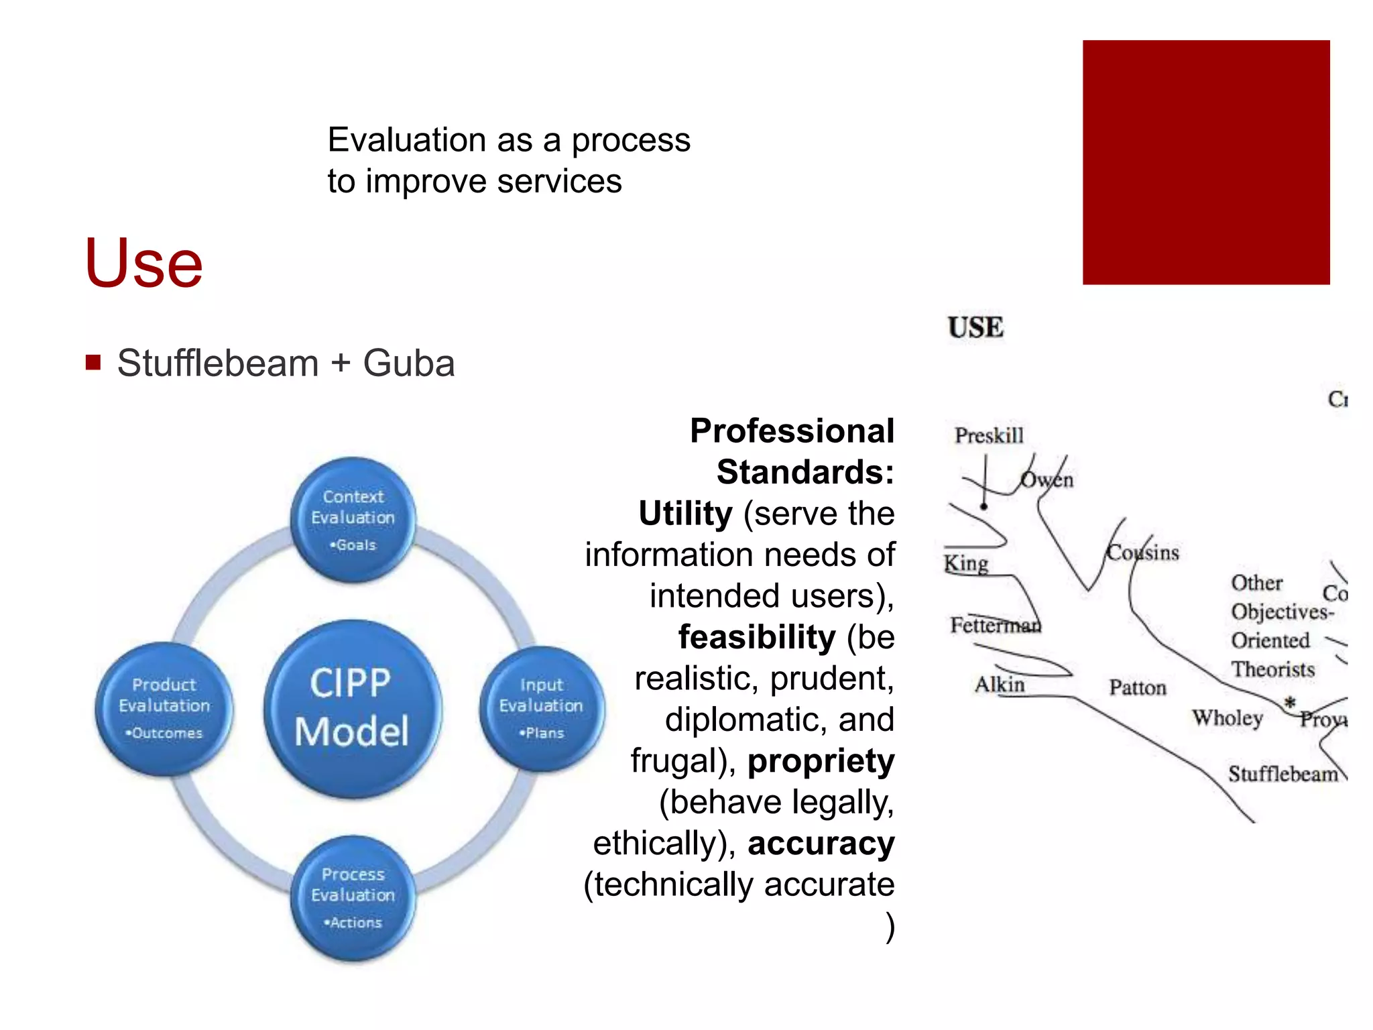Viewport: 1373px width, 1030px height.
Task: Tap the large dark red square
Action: [1205, 162]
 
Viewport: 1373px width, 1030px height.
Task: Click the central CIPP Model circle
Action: [352, 708]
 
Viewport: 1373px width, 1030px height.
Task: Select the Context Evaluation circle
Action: [353, 519]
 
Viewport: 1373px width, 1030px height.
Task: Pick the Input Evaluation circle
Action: [541, 708]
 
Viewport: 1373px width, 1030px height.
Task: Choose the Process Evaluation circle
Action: [353, 897]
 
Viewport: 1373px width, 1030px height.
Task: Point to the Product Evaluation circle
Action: [164, 708]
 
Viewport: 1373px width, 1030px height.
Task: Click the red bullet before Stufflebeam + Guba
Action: [93, 363]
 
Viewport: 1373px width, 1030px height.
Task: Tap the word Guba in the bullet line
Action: [409, 363]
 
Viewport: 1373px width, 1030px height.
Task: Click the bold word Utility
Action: [685, 514]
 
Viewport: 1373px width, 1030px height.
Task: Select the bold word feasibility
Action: [757, 637]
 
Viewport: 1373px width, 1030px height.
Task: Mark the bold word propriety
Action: [821, 761]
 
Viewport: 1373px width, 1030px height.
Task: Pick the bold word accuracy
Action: [821, 844]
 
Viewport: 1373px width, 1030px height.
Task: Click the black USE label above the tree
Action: [975, 328]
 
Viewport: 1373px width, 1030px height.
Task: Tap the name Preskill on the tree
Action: [989, 436]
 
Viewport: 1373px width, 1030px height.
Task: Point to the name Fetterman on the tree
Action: [995, 626]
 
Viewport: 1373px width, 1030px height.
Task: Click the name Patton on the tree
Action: [1137, 688]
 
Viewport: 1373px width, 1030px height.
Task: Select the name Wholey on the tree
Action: [1227, 718]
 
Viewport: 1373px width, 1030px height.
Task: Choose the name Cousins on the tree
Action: [1142, 553]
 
